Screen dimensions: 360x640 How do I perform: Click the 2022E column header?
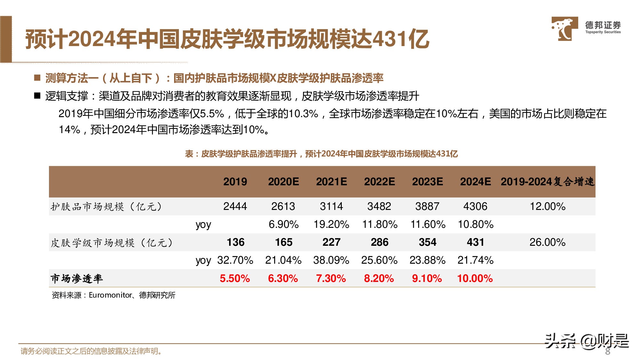379,182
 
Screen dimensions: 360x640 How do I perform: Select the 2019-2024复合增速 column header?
547,182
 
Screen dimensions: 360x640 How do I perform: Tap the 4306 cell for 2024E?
475,206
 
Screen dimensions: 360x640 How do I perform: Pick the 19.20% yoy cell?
331,224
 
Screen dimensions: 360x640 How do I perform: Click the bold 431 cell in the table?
475,242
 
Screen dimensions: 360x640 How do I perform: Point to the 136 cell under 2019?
236,242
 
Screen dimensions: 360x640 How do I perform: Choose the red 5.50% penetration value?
235,278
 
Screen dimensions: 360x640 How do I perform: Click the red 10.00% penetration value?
475,278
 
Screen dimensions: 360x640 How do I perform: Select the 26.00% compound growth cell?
547,242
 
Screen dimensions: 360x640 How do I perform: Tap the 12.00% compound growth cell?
547,206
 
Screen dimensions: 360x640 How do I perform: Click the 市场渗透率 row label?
77,278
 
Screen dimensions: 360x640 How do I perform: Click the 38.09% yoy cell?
331,260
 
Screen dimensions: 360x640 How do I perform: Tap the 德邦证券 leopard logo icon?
564,29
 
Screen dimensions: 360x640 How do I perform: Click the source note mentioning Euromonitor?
114,295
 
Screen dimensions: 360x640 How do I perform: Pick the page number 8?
608,351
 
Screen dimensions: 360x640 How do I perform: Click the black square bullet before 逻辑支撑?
37,96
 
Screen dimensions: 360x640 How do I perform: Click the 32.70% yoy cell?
235,260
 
